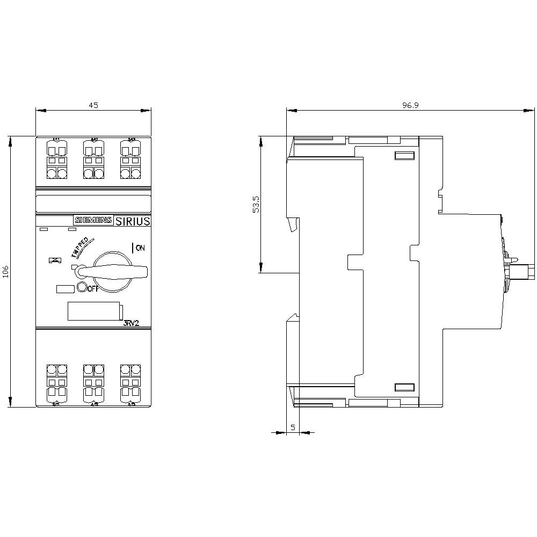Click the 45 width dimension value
pos(93,106)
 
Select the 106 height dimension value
pos(6,272)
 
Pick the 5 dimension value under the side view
pos(293,427)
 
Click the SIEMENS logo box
pos(93,220)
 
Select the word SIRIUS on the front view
pos(133,220)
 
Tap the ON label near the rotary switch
pos(140,248)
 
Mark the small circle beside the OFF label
pos(82,287)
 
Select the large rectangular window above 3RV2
pos(94,311)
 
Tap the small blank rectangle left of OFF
pos(65,288)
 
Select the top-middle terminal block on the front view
pos(93,159)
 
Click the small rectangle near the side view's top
pos(404,156)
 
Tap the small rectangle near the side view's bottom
pos(404,387)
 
